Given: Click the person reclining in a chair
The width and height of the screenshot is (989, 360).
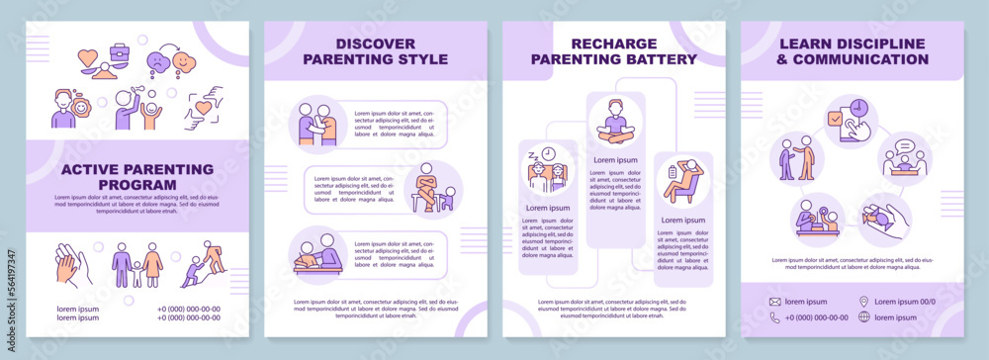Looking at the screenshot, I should (x=682, y=182).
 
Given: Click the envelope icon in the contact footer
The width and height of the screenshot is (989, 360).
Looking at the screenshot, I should (x=775, y=301).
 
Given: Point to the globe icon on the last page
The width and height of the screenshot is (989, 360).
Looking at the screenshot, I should (x=864, y=316).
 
